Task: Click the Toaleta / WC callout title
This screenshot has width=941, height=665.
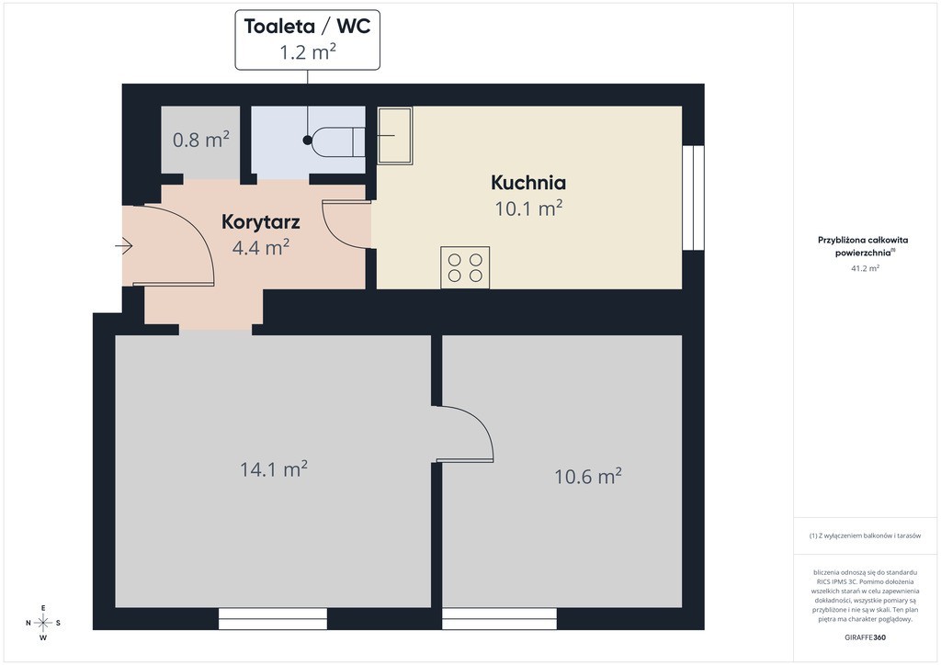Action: (x=307, y=27)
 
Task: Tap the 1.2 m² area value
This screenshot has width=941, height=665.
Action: (x=307, y=52)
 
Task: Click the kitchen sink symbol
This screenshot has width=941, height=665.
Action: (x=394, y=136)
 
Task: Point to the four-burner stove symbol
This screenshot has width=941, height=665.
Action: (x=465, y=267)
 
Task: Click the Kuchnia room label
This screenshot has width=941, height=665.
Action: (x=528, y=182)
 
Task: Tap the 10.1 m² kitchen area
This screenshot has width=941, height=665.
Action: (x=528, y=209)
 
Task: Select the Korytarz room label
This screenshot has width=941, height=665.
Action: (x=260, y=222)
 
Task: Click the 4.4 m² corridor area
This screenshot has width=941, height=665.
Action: (x=260, y=247)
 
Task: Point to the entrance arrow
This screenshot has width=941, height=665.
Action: (x=124, y=246)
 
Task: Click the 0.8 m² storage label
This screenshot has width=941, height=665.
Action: (x=201, y=140)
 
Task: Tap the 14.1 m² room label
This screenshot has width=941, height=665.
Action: (x=274, y=469)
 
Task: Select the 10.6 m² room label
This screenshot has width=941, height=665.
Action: (x=587, y=477)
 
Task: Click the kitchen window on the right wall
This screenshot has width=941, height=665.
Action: (x=693, y=197)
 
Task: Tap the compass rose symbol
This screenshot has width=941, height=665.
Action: (x=43, y=623)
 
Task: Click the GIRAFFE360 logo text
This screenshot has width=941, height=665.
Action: (x=865, y=637)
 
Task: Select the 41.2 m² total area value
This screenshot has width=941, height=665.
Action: (x=865, y=268)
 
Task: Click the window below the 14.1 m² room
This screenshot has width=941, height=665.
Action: (x=272, y=619)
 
